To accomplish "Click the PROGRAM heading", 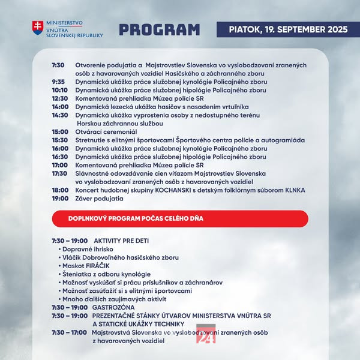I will [159, 29].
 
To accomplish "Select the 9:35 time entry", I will [58, 82].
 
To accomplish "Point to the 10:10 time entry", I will [59, 90].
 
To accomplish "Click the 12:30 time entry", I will [59, 98].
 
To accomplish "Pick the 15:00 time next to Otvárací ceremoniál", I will [59, 131].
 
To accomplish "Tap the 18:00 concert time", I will [59, 190].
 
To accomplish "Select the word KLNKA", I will [295, 190].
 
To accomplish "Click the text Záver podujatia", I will [99, 199].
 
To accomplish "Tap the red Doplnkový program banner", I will [180, 219].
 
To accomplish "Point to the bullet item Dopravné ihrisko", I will [86, 248].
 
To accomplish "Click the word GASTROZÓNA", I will [113, 307].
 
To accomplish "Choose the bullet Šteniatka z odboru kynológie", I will [101, 274].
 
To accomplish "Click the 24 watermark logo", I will [206, 336].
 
